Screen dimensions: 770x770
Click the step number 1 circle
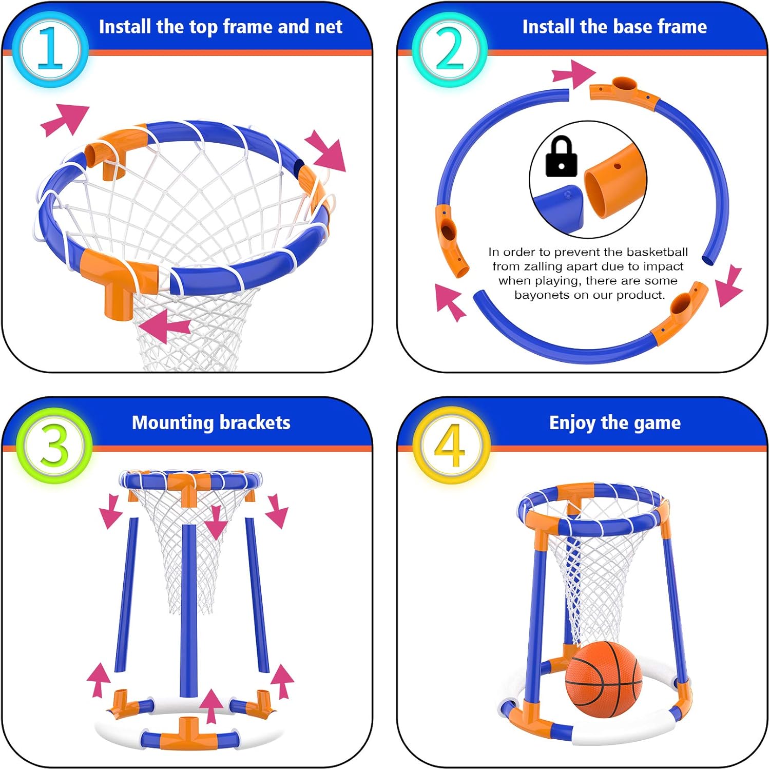(50, 49)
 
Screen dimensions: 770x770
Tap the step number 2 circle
(449, 49)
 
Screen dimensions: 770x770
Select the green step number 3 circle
(54, 446)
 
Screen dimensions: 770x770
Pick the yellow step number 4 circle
(450, 446)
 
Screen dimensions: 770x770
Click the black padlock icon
(561, 157)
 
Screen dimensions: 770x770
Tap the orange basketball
(603, 678)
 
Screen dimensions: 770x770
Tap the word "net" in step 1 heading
(329, 27)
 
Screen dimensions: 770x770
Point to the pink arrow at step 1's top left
(65, 120)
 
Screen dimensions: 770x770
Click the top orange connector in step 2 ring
(622, 90)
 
